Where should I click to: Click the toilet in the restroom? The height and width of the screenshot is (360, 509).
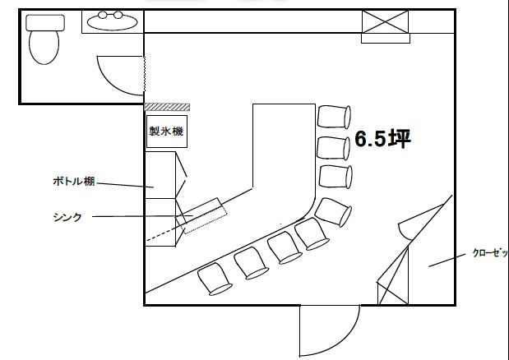44,46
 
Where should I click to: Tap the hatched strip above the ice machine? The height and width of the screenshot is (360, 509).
167,108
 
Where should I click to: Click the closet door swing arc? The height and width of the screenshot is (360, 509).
405,230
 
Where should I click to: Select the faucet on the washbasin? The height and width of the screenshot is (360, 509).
113,14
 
